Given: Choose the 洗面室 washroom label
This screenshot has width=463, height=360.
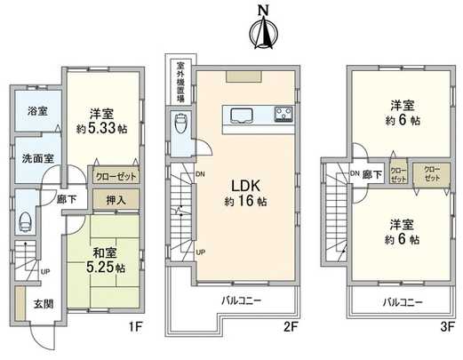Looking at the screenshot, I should (x=36, y=157).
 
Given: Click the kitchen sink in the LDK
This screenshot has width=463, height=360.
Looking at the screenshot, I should (x=241, y=115).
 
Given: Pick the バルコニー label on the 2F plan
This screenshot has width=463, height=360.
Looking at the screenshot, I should (x=241, y=301).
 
